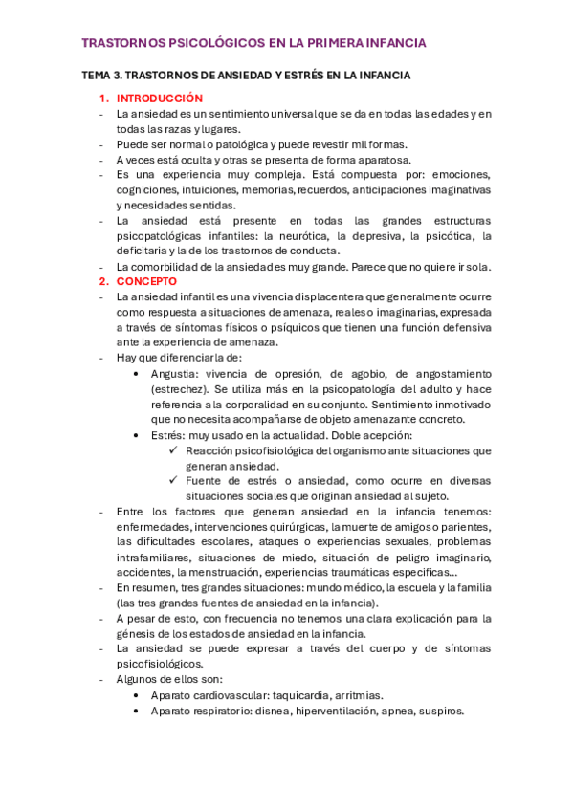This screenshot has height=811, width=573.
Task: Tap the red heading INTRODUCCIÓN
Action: click(160, 99)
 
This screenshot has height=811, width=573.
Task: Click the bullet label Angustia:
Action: click(176, 373)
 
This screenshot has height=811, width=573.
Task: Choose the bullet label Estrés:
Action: click(170, 434)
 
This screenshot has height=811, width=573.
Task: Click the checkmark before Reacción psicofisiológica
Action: click(173, 450)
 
